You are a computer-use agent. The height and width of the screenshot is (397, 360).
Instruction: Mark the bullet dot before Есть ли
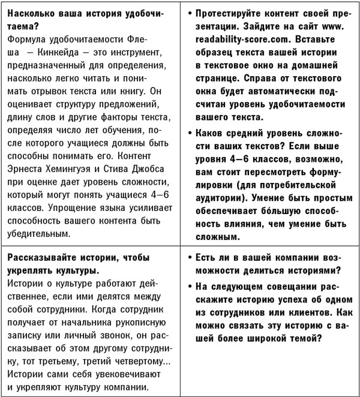[191, 257]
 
